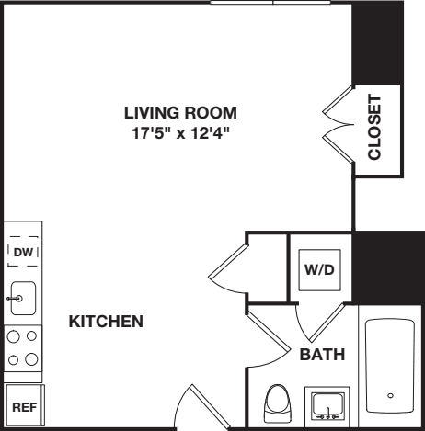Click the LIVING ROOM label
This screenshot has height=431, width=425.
[181, 113]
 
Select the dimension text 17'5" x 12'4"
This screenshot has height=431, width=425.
[181, 132]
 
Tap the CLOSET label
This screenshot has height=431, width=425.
[374, 127]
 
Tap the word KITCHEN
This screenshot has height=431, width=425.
[106, 322]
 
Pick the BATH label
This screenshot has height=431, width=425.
[322, 354]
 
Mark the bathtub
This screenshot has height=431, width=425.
[392, 368]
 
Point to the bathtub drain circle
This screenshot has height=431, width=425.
[392, 395]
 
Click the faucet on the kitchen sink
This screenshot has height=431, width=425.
[12, 299]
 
